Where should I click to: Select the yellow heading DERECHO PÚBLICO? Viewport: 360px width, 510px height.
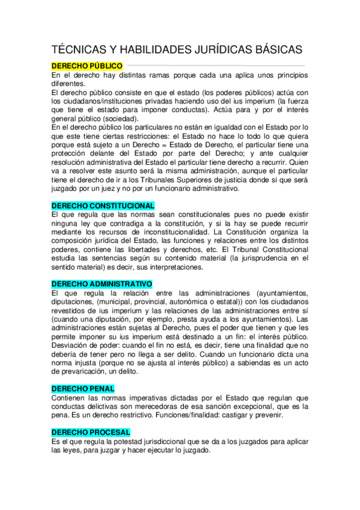click(87, 65)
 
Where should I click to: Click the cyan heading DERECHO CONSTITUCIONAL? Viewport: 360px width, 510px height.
click(103, 206)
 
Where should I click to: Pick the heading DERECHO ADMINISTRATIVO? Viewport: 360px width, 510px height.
click(102, 284)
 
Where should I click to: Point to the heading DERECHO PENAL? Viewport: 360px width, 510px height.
click(83, 389)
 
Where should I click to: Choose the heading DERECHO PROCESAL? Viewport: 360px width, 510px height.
click(91, 432)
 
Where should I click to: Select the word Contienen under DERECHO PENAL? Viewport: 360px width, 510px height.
click(72, 398)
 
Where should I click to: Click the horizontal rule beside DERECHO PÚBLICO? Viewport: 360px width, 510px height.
click(216, 65)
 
